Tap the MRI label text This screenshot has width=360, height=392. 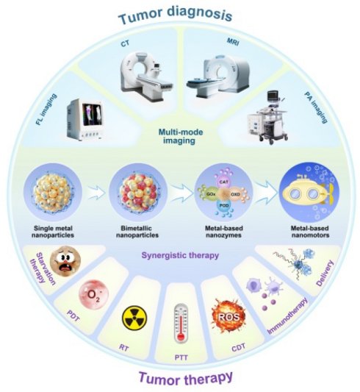[x=233, y=41]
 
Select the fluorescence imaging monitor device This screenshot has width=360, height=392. [x=85, y=119]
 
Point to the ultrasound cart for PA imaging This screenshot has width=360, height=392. [x=268, y=118]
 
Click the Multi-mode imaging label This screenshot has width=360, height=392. [x=181, y=136]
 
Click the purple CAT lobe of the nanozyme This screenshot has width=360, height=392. [x=223, y=182]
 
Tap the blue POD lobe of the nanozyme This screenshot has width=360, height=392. [x=223, y=205]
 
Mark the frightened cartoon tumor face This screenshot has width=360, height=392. [x=65, y=261]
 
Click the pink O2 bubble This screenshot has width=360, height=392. [x=93, y=294]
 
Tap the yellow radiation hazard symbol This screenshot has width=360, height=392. [x=134, y=318]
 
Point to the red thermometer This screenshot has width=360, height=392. [x=181, y=324]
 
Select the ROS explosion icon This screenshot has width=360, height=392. [x=228, y=316]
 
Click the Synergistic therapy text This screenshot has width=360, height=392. [x=180, y=255]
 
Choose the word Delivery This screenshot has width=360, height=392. [x=325, y=273]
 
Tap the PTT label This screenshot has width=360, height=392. [x=181, y=357]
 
